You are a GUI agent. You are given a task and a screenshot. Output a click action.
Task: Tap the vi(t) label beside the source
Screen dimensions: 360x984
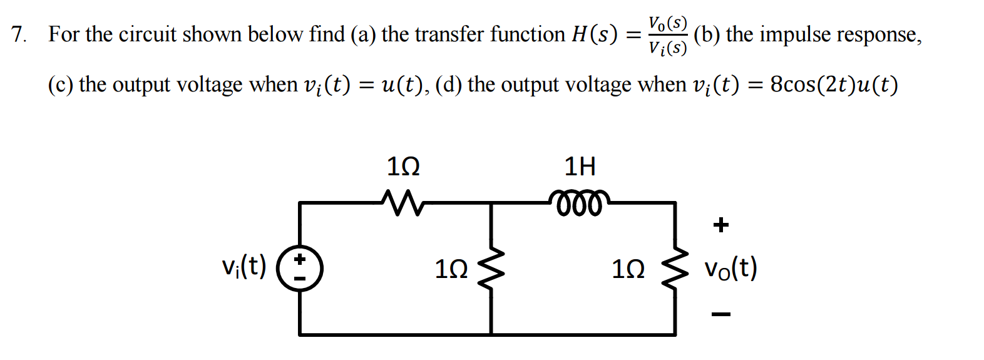pyautogui.click(x=244, y=267)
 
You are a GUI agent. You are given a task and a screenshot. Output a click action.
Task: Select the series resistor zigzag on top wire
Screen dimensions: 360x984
pyautogui.click(x=402, y=203)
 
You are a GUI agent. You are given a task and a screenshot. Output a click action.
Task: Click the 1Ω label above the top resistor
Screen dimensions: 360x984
pyautogui.click(x=403, y=167)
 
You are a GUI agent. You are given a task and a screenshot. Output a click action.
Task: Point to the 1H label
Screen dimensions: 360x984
pyautogui.click(x=580, y=167)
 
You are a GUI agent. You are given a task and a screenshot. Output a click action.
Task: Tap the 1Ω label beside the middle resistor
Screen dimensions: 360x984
pyautogui.click(x=451, y=269)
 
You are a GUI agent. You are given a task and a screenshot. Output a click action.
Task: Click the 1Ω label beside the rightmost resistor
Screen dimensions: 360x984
pyautogui.click(x=628, y=269)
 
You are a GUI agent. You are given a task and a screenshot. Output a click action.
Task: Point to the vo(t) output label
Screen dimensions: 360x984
pyautogui.click(x=730, y=268)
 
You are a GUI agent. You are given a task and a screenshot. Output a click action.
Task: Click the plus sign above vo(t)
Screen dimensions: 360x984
pyautogui.click(x=721, y=224)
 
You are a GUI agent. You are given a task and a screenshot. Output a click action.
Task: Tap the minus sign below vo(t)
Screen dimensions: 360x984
pyautogui.click(x=721, y=314)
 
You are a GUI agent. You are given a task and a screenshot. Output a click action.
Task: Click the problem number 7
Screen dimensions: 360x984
pyautogui.click(x=18, y=34)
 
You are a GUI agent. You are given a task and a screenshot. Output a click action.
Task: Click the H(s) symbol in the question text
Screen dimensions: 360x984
pyautogui.click(x=594, y=34)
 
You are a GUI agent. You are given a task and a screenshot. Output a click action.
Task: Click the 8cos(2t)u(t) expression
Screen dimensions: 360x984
pyautogui.click(x=833, y=84)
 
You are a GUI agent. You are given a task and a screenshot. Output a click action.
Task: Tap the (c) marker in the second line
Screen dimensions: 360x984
pyautogui.click(x=61, y=84)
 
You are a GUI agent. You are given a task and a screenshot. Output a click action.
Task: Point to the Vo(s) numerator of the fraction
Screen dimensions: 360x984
pyautogui.click(x=668, y=23)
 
